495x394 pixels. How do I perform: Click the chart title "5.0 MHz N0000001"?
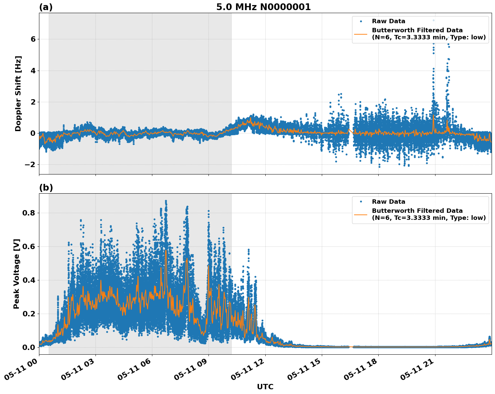[x=263, y=7]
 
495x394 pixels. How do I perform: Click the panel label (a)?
[x=46, y=7]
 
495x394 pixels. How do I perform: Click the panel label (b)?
[x=46, y=188]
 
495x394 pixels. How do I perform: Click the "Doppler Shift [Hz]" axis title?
[x=18, y=93]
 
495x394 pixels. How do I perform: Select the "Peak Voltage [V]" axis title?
[x=16, y=274]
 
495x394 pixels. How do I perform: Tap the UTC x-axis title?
[x=265, y=387]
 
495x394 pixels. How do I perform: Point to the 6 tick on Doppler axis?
[x=33, y=39]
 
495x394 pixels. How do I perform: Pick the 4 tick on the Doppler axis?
[x=33, y=71]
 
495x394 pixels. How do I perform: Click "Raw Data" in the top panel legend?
[x=388, y=22]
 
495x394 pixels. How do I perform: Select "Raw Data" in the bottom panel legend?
[x=388, y=202]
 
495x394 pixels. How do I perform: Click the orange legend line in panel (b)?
[x=361, y=214]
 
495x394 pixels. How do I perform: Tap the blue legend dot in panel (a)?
[x=361, y=22]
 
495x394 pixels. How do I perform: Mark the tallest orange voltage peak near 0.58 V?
[x=166, y=250]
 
